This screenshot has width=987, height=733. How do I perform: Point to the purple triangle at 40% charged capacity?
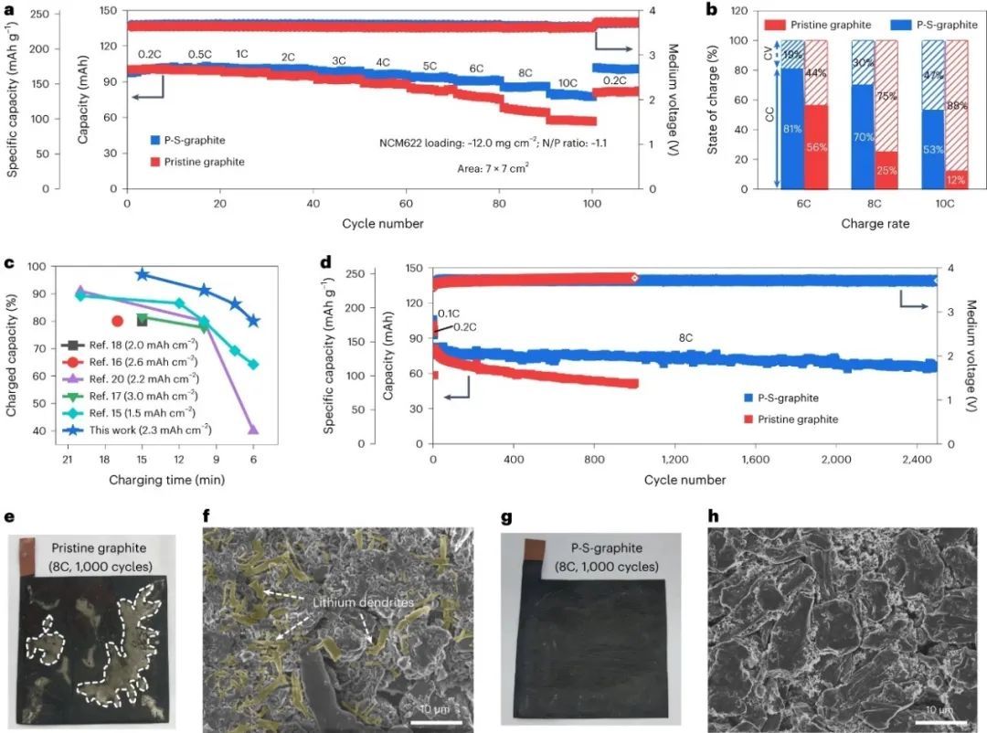253,430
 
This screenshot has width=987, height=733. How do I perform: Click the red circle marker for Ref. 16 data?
117,321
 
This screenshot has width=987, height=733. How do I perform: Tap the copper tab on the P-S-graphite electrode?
534,549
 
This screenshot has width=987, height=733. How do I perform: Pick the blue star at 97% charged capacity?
142,274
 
